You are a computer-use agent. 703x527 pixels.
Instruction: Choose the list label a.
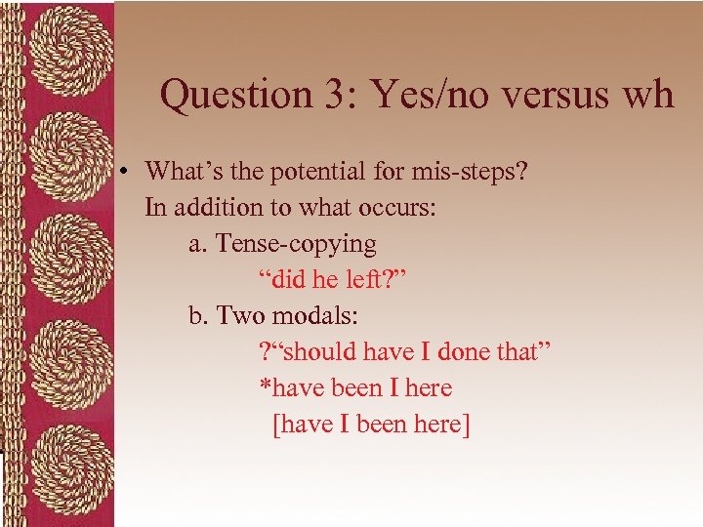coord(196,244)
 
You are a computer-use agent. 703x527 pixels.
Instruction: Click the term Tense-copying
coord(295,244)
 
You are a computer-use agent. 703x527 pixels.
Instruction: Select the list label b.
coord(197,316)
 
